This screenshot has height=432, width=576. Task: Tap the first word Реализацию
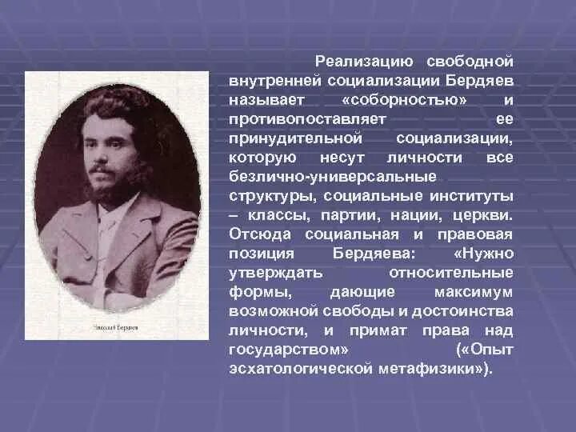[364, 62]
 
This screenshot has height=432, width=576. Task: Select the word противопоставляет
[307, 119]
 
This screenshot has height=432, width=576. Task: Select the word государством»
[288, 350]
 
